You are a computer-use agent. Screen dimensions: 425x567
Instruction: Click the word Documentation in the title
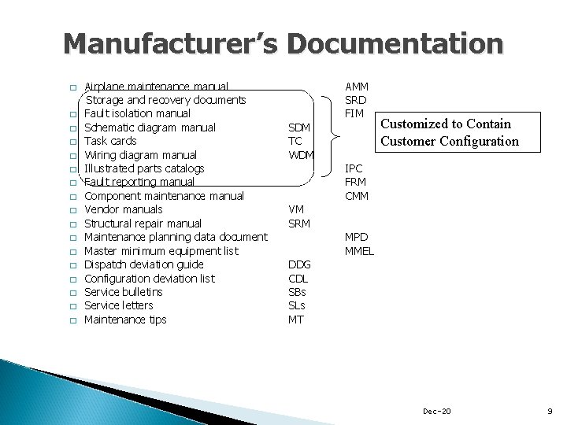click(397, 44)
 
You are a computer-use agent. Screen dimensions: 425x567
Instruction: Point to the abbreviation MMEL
click(359, 251)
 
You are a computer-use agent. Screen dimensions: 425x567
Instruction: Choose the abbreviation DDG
click(300, 265)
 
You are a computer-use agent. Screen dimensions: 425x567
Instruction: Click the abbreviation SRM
click(300, 224)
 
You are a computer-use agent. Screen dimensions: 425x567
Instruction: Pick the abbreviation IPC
click(355, 168)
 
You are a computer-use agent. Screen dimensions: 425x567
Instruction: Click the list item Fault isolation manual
click(137, 114)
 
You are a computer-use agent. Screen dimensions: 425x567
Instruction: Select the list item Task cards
click(110, 142)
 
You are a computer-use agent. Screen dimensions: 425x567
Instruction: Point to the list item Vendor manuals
click(123, 210)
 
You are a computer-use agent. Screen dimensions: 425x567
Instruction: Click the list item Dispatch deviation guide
click(143, 264)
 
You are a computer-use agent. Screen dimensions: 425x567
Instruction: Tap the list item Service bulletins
click(123, 292)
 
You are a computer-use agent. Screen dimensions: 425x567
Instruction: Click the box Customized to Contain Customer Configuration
click(449, 132)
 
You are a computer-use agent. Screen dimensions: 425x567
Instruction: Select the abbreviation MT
click(297, 320)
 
